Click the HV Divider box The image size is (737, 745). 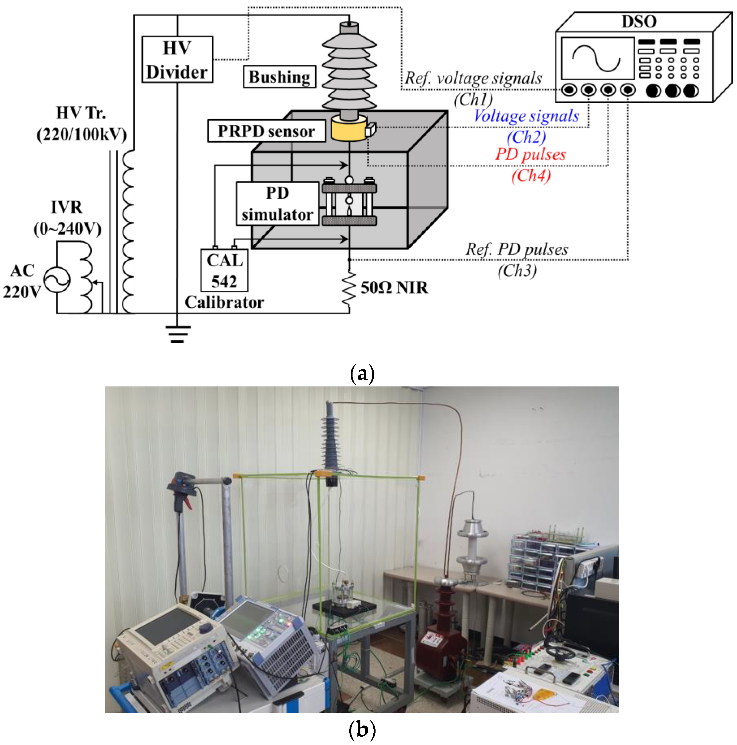click(177, 59)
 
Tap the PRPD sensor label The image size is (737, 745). click(266, 131)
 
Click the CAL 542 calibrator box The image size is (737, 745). click(224, 270)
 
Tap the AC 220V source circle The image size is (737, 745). click(57, 280)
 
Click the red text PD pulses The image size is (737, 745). click(530, 154)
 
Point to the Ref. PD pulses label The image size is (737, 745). click(516, 250)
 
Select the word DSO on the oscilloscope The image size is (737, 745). click(639, 22)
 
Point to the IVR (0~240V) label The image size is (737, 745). click(67, 218)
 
